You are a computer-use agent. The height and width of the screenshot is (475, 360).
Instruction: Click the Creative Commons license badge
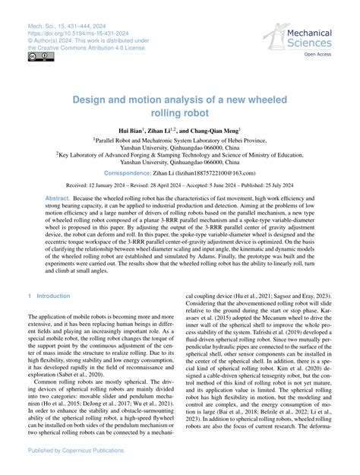[x=37, y=57]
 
